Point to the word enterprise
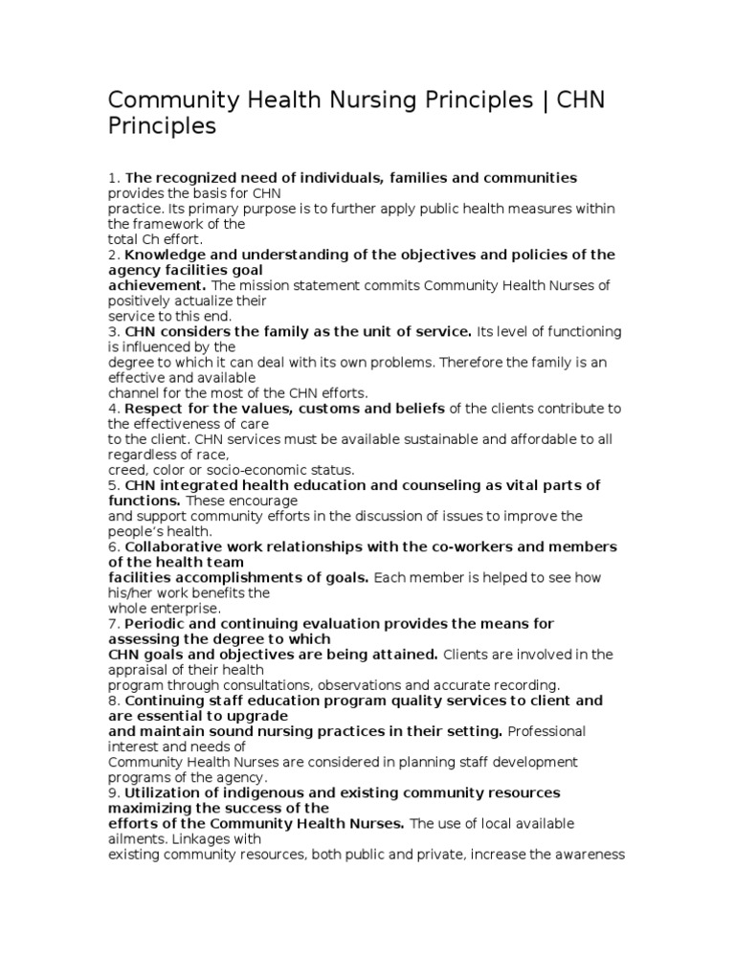pos(187,608)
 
